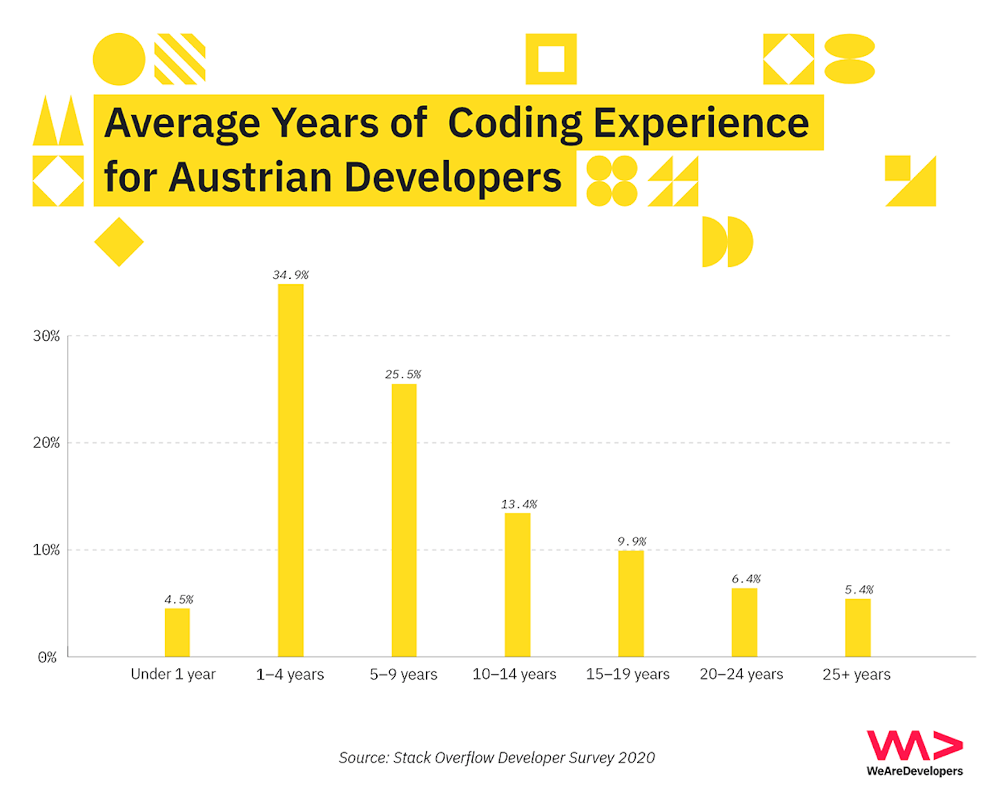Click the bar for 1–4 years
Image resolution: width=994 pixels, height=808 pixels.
[x=291, y=470]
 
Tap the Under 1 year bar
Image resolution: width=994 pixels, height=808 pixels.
[x=177, y=632]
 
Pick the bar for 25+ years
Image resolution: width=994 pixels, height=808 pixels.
[x=857, y=627]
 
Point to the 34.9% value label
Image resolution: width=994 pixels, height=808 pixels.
[x=291, y=275]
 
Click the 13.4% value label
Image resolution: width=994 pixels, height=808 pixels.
[x=518, y=504]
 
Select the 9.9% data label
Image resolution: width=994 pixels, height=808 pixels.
[x=632, y=542]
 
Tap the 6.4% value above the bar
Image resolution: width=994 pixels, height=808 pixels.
[x=745, y=579]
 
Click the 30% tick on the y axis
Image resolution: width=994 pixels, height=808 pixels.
[x=46, y=336]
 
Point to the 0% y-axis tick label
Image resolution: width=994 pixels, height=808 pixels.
[x=47, y=658]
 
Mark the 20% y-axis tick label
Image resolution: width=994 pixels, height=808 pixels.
[x=46, y=443]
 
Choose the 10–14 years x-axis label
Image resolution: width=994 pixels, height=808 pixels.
[x=514, y=674]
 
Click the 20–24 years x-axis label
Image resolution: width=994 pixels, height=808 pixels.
[x=741, y=674]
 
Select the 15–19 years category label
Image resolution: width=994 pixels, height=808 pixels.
[x=627, y=674]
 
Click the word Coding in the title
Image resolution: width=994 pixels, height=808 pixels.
[x=515, y=124]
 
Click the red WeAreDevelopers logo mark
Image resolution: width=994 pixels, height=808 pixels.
[x=914, y=746]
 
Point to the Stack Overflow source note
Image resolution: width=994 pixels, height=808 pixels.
[x=496, y=758]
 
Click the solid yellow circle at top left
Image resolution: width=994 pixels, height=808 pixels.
[x=119, y=59]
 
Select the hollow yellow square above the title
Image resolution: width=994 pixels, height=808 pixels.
[x=551, y=59]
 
